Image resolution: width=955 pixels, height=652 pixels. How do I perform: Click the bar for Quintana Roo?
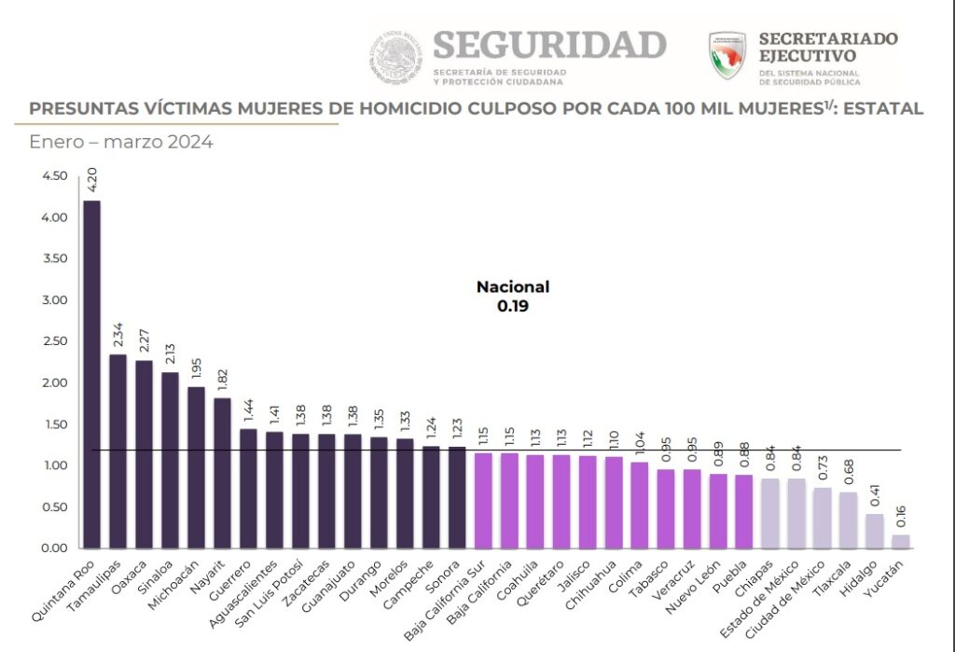pyautogui.click(x=92, y=373)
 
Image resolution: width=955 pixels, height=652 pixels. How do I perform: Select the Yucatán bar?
pyautogui.click(x=900, y=541)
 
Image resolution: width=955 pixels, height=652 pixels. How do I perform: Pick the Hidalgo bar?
pyautogui.click(x=874, y=531)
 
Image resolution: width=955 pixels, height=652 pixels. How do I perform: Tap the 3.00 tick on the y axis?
pyautogui.click(x=55, y=300)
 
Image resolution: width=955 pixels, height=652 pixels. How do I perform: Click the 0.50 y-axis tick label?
pyautogui.click(x=55, y=506)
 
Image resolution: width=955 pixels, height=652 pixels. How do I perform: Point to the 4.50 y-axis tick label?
pyautogui.click(x=55, y=176)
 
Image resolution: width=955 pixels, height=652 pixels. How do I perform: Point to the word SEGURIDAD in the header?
pyautogui.click(x=549, y=45)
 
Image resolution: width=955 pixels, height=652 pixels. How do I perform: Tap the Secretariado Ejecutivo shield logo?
pyautogui.click(x=727, y=56)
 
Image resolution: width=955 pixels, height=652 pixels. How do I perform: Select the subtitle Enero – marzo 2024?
pyautogui.click(x=121, y=143)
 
